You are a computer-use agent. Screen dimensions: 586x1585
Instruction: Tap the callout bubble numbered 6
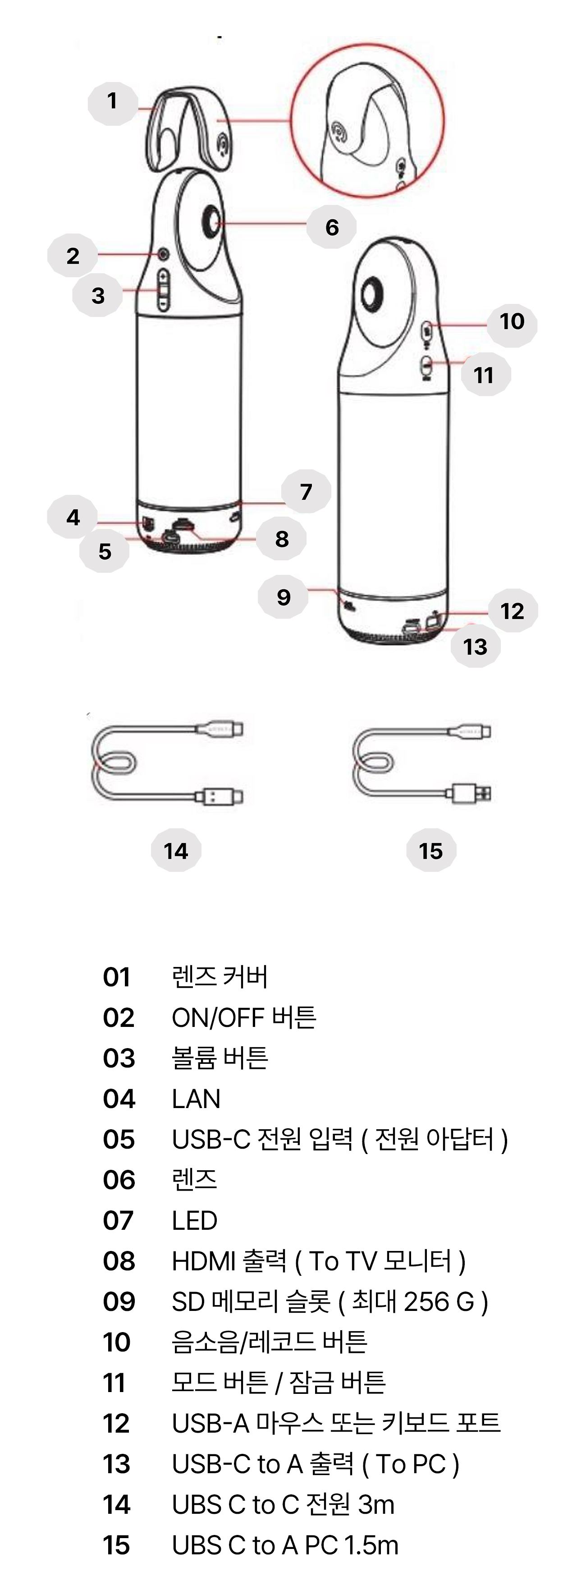pyautogui.click(x=332, y=227)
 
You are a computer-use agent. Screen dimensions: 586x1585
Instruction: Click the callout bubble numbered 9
pyautogui.click(x=283, y=597)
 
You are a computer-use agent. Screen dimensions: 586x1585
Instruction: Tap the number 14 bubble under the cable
pyautogui.click(x=176, y=850)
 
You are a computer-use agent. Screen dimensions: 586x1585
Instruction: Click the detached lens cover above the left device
pyautogui.click(x=188, y=129)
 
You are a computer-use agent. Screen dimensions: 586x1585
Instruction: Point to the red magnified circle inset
pyautogui.click(x=367, y=121)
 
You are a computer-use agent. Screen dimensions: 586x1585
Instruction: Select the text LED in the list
pyautogui.click(x=195, y=1221)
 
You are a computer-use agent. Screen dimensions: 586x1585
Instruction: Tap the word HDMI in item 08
pyautogui.click(x=198, y=1261)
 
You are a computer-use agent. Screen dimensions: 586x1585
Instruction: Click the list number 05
pyautogui.click(x=119, y=1140)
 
